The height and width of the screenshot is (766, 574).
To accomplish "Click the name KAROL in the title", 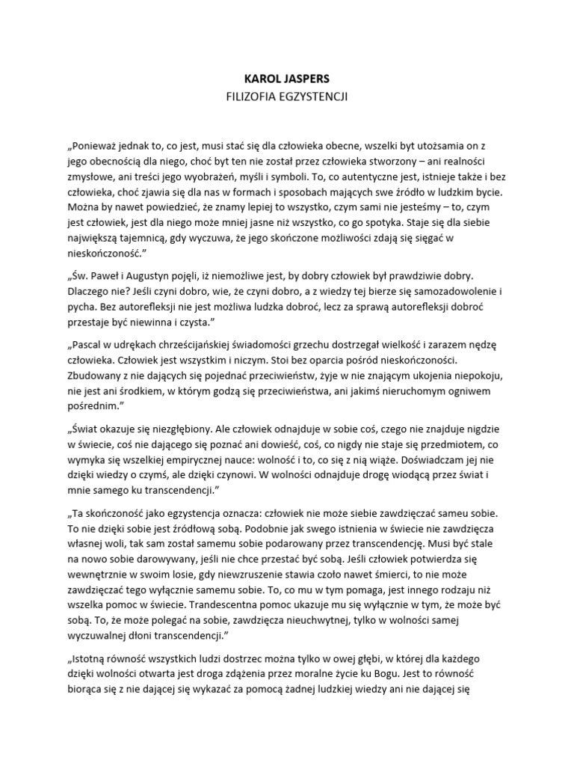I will (261, 78).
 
